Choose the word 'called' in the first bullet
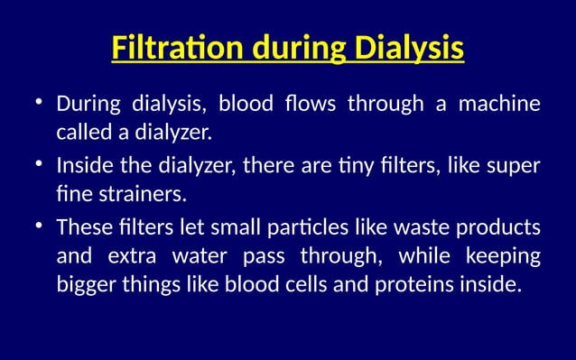83,134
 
